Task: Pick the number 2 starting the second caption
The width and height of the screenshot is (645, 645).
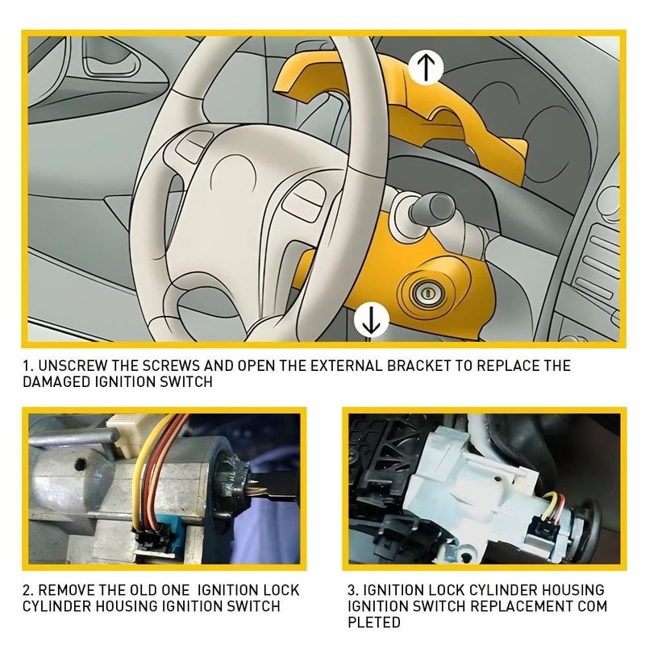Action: (x=27, y=589)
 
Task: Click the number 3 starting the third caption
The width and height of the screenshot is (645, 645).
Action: (x=352, y=589)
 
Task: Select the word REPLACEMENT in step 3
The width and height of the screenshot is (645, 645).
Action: (x=515, y=605)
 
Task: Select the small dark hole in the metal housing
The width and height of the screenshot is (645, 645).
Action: (x=80, y=464)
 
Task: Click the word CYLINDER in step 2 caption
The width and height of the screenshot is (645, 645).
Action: (x=56, y=605)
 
